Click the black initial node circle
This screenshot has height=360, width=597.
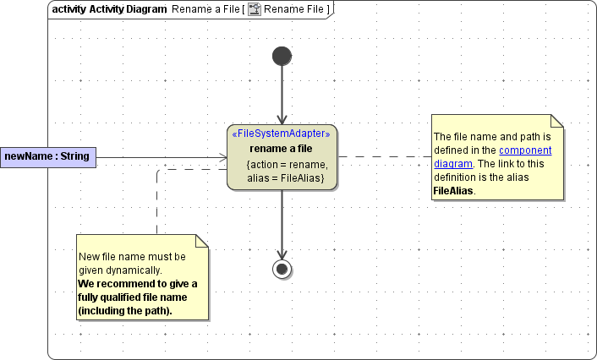coord(282,56)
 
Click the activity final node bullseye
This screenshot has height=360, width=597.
coord(282,269)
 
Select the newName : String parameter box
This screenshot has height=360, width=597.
coord(47,156)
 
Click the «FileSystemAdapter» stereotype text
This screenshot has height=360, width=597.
coord(281,134)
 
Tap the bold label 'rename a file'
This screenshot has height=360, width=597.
coord(282,149)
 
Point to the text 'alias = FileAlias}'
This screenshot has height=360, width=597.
coord(286,178)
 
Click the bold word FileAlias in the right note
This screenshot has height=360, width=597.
coord(453,191)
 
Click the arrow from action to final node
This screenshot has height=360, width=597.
coord(282,223)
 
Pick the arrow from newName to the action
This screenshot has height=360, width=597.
coord(161,157)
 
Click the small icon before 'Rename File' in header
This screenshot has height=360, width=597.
coord(254,9)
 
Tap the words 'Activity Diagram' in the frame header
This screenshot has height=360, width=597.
coord(128,9)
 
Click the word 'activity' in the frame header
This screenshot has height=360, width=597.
coord(68,9)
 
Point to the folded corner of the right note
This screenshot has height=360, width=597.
coord(557,120)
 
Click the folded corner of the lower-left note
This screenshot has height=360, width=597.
coord(202,240)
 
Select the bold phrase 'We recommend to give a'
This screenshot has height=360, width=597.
coord(137,283)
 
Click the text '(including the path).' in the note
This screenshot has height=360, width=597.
coord(125,310)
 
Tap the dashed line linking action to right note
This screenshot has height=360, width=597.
coord(385,157)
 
